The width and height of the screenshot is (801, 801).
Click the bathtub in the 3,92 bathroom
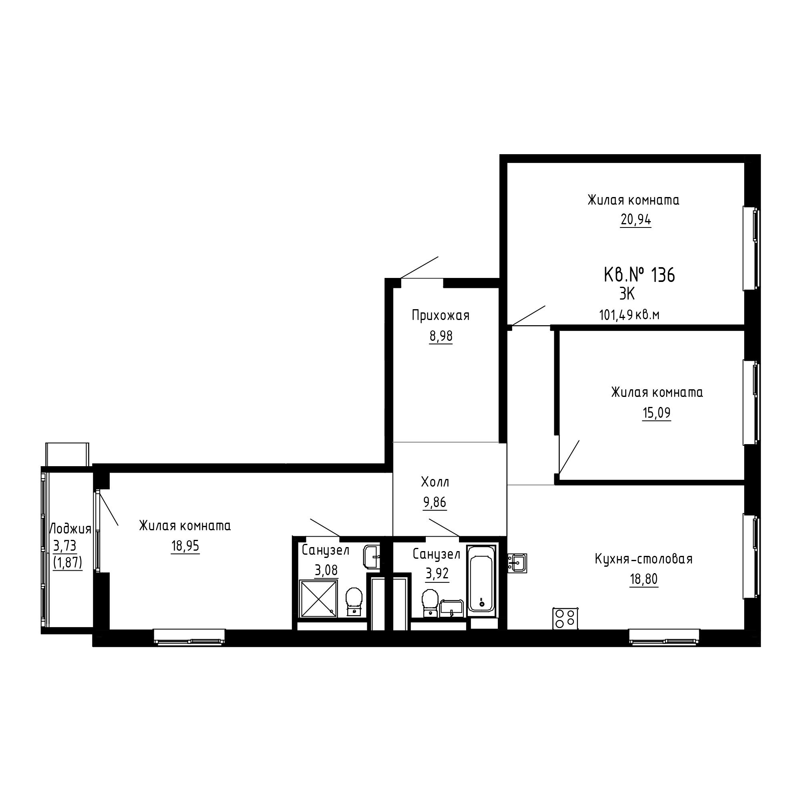tap(481, 581)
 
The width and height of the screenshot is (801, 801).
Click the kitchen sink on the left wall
tap(517, 563)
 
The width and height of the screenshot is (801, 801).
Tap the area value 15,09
tap(656, 413)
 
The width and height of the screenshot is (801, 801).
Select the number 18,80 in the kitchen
tap(644, 579)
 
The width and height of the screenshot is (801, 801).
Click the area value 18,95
tap(185, 546)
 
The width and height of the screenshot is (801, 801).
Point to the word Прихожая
tap(441, 316)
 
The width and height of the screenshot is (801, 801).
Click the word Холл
tap(435, 482)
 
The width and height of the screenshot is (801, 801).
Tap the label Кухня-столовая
tap(644, 559)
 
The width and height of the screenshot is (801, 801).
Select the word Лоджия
tap(70, 529)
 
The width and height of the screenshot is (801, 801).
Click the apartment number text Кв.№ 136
tap(639, 275)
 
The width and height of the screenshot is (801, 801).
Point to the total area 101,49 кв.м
tap(629, 316)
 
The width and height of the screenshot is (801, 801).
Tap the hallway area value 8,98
tap(441, 336)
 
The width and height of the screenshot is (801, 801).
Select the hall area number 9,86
tap(435, 503)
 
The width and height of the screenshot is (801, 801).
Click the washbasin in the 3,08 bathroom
tap(372, 555)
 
